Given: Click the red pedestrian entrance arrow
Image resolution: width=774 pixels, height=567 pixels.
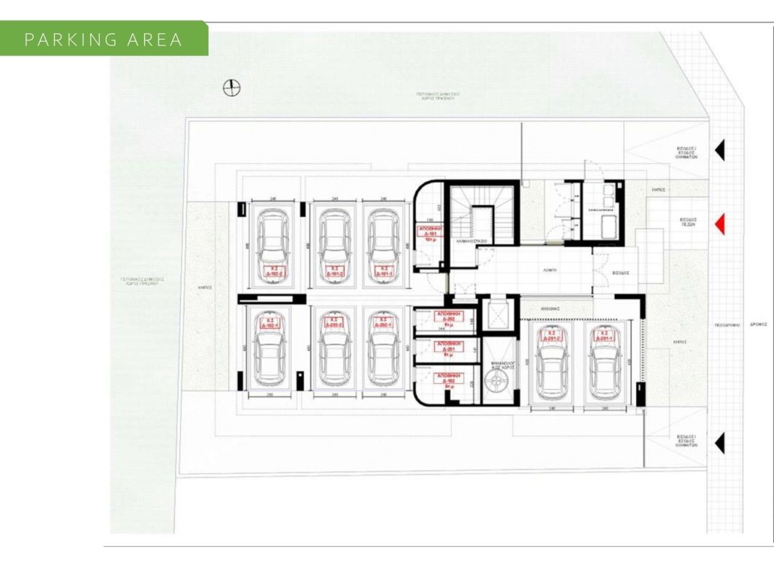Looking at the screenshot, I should coord(720,225).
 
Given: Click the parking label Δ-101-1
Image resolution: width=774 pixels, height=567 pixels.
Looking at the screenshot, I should coord(382,271).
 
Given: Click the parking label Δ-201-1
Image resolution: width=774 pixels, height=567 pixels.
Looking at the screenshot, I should coord(603,335).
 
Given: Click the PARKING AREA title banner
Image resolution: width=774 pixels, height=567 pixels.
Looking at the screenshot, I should coord(103,39).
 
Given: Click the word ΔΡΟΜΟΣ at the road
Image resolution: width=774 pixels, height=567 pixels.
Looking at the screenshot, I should coord(758,324).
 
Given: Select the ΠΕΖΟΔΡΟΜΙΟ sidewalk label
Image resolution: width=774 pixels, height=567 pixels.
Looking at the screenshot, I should coord(727,325).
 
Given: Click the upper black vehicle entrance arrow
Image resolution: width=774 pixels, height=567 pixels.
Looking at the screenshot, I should coord(720,151).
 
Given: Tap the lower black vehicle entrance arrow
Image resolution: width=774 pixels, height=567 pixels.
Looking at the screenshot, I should coord(720,444).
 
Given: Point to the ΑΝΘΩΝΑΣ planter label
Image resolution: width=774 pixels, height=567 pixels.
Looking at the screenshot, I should coord(550,308).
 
